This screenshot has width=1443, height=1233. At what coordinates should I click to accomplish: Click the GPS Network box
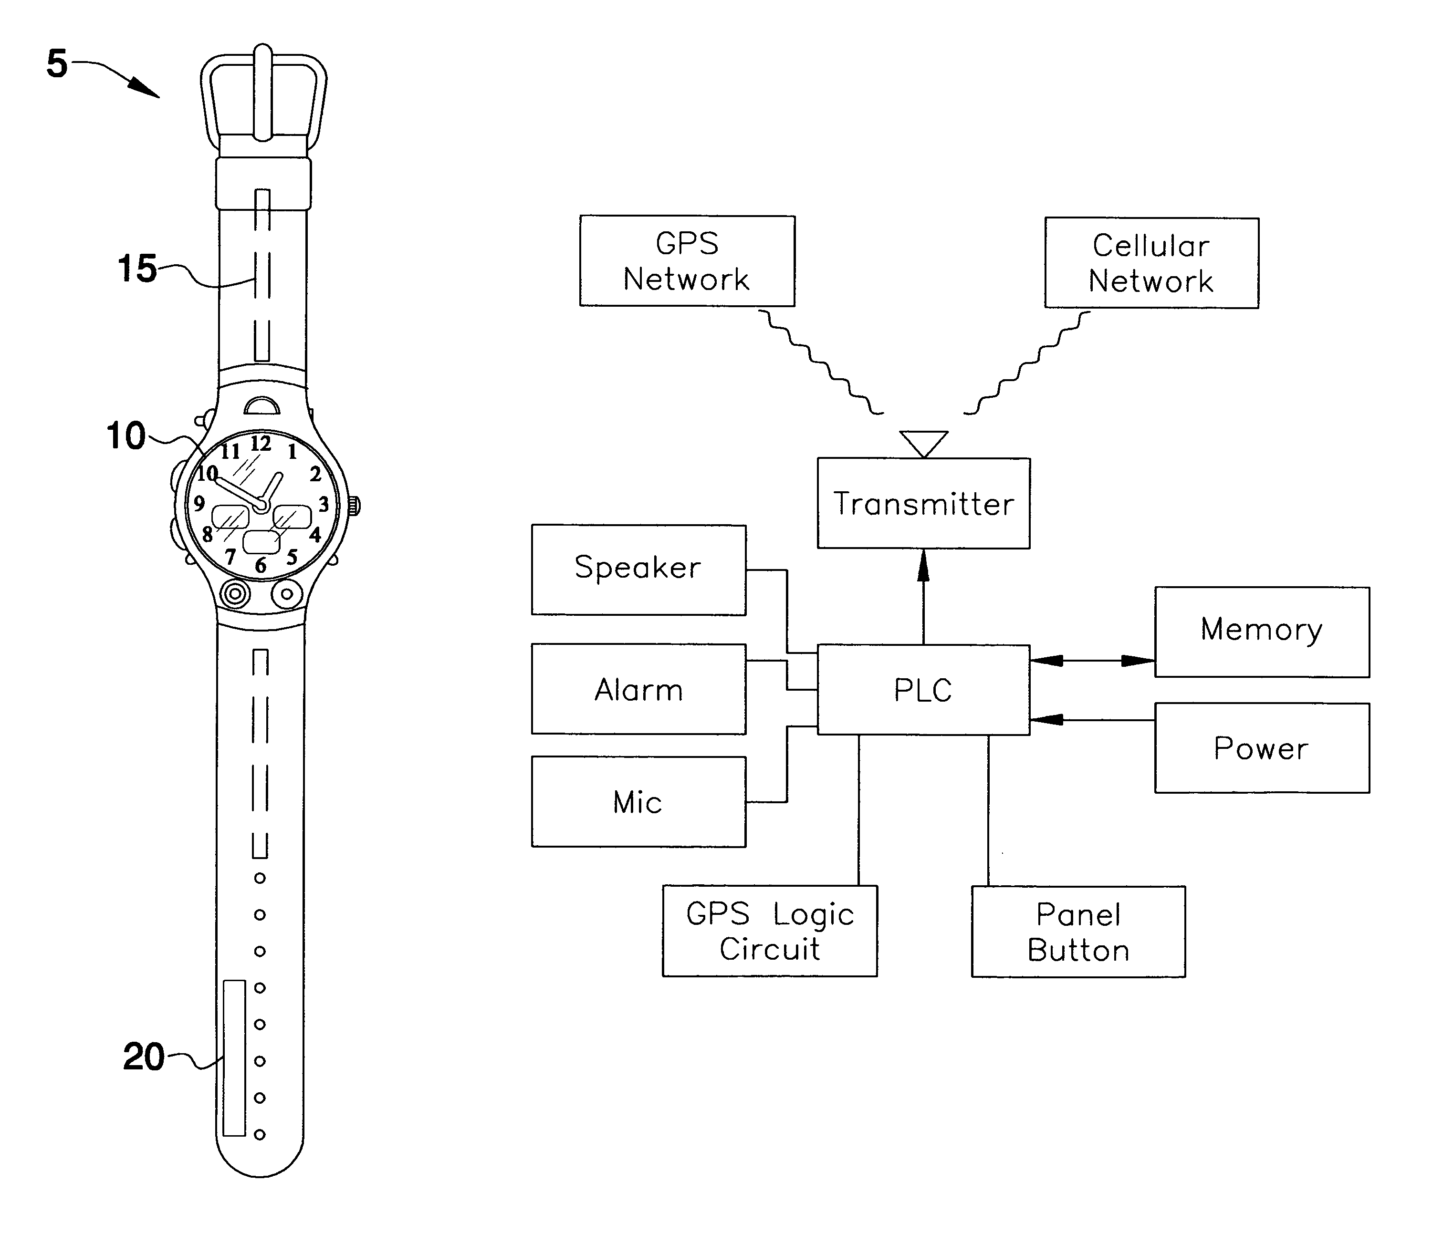click(x=687, y=261)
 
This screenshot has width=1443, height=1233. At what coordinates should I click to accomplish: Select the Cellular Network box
click(x=1151, y=263)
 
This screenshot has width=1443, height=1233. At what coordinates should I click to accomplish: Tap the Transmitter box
click(x=923, y=503)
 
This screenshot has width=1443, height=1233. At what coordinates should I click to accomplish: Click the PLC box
click(x=923, y=690)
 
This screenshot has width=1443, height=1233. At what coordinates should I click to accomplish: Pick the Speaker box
click(x=638, y=570)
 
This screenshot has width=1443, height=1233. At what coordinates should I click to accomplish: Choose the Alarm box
click(x=638, y=689)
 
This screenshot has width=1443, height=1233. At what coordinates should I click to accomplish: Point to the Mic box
click(x=638, y=802)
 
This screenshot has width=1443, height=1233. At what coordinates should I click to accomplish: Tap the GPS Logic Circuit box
click(x=770, y=931)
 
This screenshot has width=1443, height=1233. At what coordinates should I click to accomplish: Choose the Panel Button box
click(x=1078, y=932)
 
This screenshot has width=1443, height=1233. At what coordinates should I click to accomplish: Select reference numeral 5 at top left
click(x=57, y=63)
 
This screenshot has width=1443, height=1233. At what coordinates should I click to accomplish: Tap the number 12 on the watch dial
click(x=261, y=443)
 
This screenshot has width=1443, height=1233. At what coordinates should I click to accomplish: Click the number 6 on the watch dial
click(x=261, y=565)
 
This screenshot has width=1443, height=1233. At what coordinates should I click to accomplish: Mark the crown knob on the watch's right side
click(x=355, y=506)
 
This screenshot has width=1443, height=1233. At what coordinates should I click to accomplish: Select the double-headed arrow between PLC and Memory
click(x=1092, y=661)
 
